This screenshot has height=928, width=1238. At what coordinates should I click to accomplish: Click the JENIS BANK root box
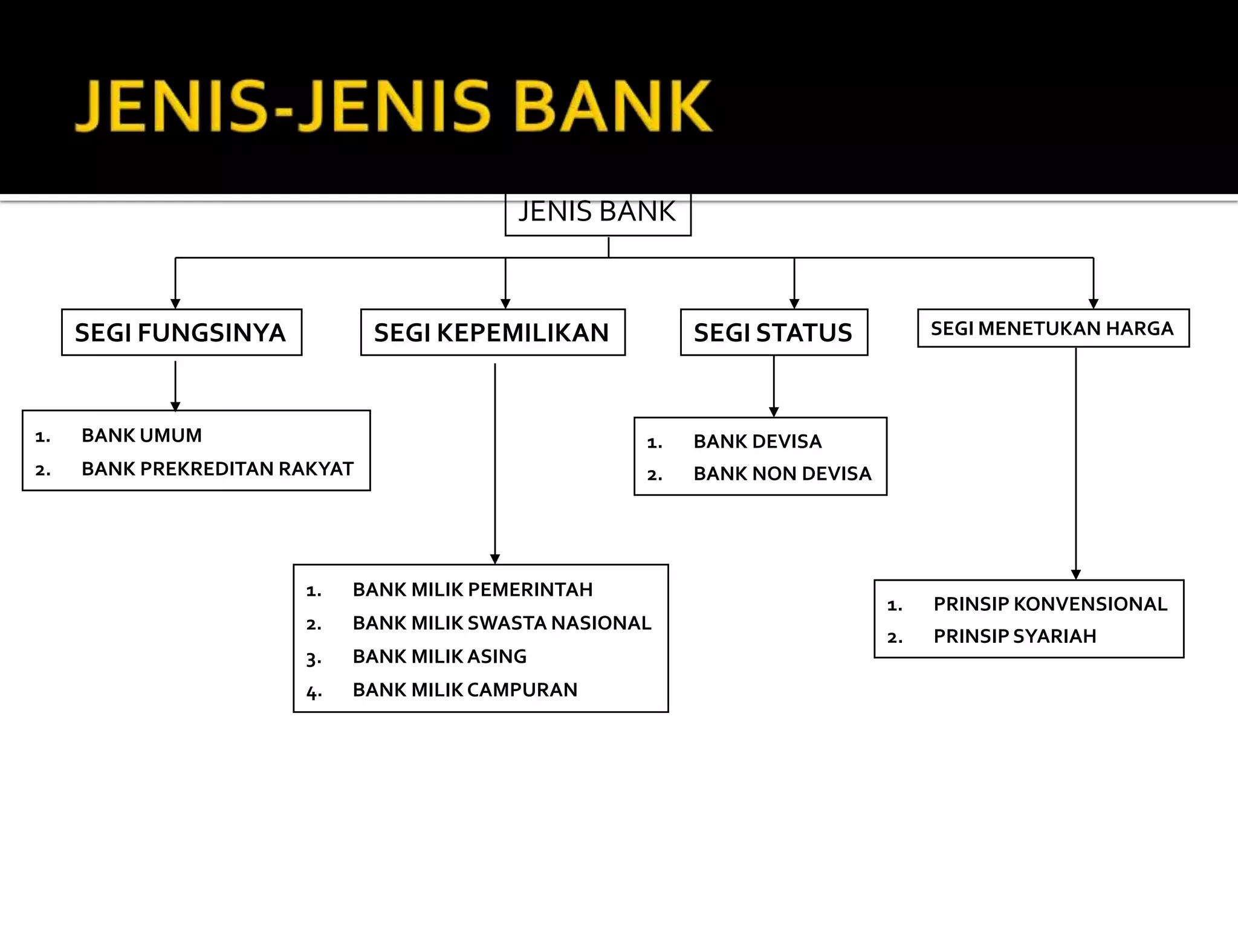pos(597,213)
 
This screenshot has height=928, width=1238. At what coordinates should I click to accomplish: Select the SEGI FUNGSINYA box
pos(181,333)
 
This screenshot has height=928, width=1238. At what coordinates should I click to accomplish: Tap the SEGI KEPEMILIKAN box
pos(492,333)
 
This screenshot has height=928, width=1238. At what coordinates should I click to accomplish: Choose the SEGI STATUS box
pos(773,333)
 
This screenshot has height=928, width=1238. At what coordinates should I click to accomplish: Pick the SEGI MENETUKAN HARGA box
pos(1052,329)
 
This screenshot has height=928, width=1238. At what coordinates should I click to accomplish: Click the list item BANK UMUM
pos(141,436)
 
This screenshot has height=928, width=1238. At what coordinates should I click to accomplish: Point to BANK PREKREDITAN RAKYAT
pos(217,469)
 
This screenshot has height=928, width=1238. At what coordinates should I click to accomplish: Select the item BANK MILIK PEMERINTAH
pos(472,590)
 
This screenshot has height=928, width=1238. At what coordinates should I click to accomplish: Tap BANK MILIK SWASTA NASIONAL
pos(502,623)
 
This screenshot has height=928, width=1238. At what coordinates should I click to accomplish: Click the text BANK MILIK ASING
pos(439,657)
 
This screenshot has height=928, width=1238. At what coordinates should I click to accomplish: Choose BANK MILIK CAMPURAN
pos(465,690)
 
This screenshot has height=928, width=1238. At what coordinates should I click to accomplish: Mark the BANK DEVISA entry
pos(757,442)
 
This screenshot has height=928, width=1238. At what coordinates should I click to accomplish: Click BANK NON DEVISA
pos(782,474)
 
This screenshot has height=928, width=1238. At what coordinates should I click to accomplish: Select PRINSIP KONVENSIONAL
pos(1050,604)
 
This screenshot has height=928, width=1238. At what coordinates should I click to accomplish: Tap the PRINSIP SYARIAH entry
pos(1014,636)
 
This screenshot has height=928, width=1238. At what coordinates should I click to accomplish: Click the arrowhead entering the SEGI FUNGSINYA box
pos(175,304)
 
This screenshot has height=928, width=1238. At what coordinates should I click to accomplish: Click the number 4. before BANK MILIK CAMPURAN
pos(314,692)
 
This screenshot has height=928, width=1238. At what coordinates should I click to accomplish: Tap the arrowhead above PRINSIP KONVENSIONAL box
pos(1076,575)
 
